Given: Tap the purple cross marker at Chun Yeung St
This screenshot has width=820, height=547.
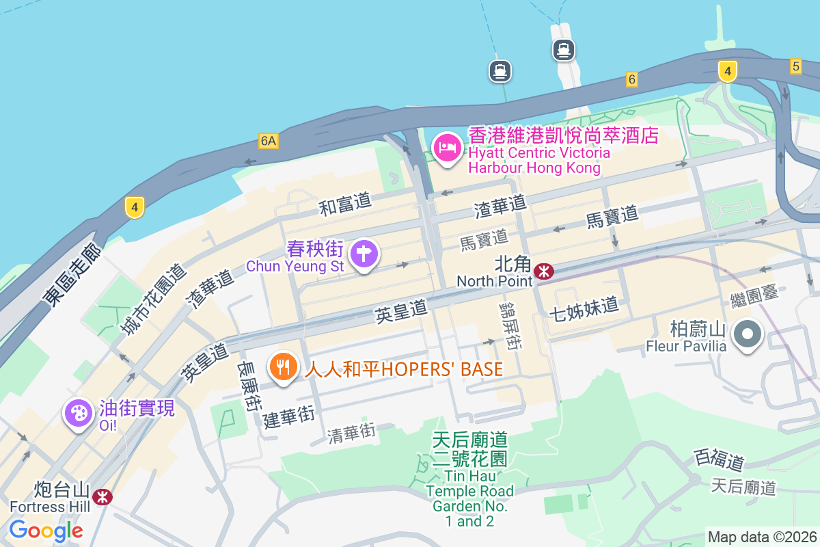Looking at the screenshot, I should click(x=364, y=254).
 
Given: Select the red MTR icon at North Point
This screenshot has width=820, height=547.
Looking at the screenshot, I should click(x=544, y=271).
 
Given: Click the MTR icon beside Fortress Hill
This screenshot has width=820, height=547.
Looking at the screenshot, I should click(x=103, y=496).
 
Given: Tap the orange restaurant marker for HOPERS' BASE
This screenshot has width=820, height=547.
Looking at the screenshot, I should click(x=283, y=367).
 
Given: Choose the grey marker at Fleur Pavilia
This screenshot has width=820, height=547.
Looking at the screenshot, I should click(x=748, y=335).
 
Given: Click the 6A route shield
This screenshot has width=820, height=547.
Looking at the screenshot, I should click(x=269, y=141).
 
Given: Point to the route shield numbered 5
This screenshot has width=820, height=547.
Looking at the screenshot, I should click(x=795, y=66).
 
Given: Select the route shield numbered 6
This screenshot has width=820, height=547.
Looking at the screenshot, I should click(x=632, y=80).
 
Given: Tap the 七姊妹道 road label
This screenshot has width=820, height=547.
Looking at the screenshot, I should click(x=584, y=308).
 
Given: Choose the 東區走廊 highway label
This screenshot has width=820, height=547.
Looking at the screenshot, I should click(x=72, y=274).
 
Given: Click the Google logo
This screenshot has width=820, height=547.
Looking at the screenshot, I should click(x=46, y=530).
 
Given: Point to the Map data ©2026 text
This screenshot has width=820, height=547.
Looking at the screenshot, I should click(x=761, y=537).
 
